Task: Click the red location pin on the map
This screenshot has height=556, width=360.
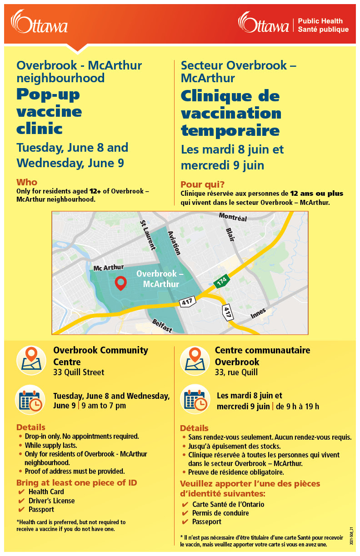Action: click(120, 283)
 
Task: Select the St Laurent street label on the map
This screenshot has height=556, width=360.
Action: click(148, 235)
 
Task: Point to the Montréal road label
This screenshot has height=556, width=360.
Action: click(233, 218)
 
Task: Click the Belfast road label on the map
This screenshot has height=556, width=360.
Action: click(162, 325)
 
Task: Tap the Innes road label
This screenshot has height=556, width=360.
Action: click(258, 313)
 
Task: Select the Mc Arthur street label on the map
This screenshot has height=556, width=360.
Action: click(109, 268)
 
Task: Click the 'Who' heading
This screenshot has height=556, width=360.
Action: click(27, 182)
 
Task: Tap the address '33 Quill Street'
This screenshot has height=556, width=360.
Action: click(79, 372)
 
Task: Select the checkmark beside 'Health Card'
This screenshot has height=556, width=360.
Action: click(21, 492)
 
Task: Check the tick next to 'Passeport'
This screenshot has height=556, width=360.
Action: click(185, 522)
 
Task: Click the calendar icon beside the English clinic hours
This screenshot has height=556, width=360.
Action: click(31, 399)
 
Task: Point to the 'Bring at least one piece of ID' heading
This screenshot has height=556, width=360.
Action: click(76, 482)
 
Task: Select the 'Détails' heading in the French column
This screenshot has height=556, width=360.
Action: click(194, 428)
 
